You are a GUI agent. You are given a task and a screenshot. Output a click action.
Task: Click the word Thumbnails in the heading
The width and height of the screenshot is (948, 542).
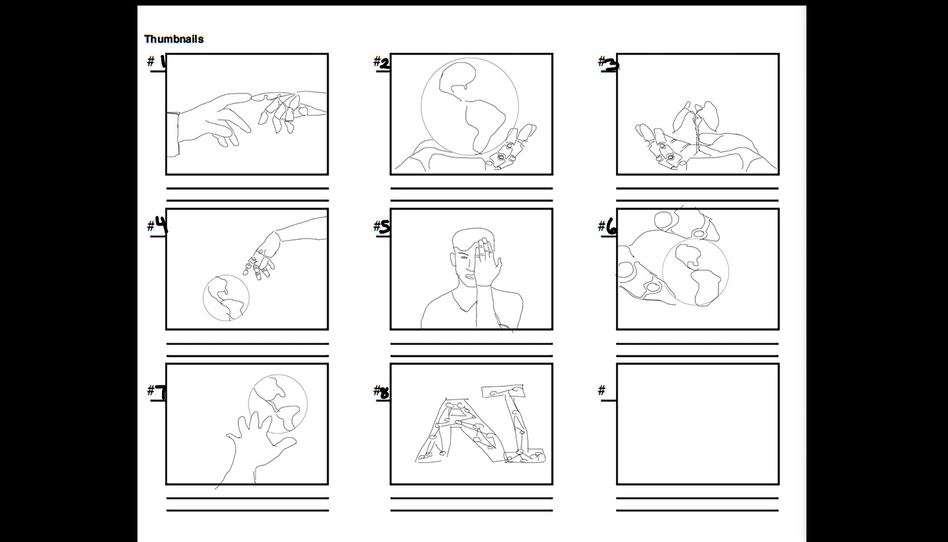coord(174,39)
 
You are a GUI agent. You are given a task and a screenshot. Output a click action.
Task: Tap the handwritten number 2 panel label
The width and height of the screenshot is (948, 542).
coord(385,64)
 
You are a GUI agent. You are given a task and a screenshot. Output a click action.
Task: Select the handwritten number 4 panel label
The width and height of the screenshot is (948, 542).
coord(161,224)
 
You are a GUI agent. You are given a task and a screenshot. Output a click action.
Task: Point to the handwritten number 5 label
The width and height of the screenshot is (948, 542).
coord(385,227)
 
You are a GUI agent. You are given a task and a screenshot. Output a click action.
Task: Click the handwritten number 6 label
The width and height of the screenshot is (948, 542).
coord(611,228)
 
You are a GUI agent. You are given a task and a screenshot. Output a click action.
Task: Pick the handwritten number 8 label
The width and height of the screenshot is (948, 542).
coord(385,394)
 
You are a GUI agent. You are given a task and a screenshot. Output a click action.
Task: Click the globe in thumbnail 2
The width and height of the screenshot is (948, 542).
coord(470,107)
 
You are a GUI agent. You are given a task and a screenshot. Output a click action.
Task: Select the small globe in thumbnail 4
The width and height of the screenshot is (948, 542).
coord(226,297)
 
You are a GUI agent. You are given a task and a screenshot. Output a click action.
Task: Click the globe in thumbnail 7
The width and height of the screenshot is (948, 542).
coord(278,404)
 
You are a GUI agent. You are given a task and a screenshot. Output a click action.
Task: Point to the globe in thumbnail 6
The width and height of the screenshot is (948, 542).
coord(695,272)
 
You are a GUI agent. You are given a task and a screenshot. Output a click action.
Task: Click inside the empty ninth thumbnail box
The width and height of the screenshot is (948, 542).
coord(697,424)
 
